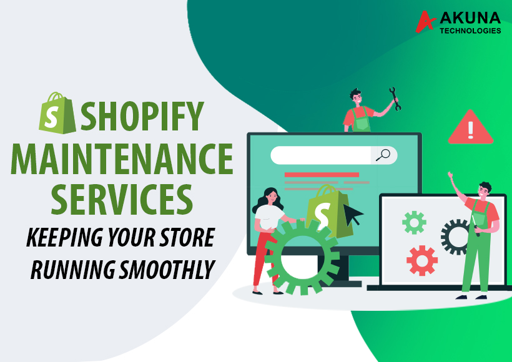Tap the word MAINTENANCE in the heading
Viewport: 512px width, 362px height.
pyautogui.click(x=122, y=160)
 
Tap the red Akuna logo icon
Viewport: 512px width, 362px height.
pyautogui.click(x=426, y=22)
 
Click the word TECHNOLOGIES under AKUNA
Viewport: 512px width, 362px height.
pyautogui.click(x=470, y=31)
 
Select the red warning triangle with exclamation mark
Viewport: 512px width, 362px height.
pyautogui.click(x=470, y=128)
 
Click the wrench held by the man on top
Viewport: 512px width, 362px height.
pyautogui.click(x=395, y=98)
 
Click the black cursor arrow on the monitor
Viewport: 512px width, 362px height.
pyautogui.click(x=352, y=214)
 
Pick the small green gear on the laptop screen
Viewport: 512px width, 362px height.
pyautogui.click(x=414, y=222)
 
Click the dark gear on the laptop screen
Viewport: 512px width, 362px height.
pyautogui.click(x=455, y=236)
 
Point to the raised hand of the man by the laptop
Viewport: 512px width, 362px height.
pyautogui.click(x=450, y=178)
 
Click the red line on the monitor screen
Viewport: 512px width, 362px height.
pyautogui.click(x=321, y=175)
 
